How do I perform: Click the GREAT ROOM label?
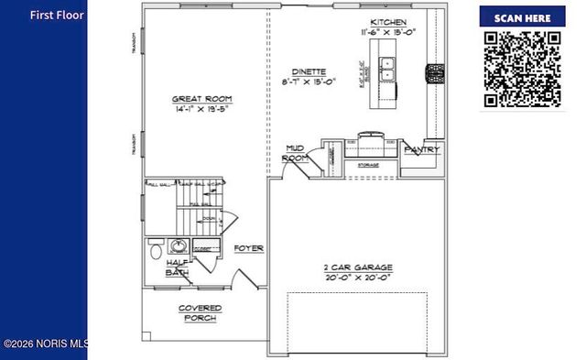(201, 98)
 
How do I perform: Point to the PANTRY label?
(422, 149)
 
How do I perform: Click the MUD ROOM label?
(295, 153)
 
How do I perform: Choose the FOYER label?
(248, 248)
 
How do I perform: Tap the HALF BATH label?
(177, 267)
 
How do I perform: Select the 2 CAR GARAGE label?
(358, 265)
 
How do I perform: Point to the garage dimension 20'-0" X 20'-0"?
(358, 276)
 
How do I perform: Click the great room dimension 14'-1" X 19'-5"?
(203, 109)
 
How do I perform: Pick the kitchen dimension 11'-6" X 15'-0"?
(388, 32)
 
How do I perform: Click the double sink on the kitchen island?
(387, 71)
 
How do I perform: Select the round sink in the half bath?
(177, 246)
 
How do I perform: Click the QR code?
(521, 69)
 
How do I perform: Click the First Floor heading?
(57, 16)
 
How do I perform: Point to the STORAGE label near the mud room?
(368, 165)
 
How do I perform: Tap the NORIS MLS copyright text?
(45, 344)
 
